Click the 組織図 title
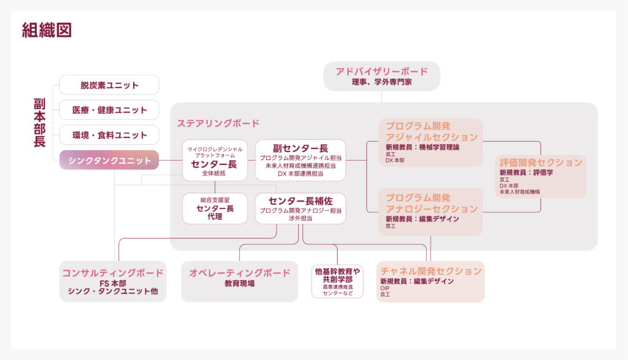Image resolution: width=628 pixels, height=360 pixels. point(47,30)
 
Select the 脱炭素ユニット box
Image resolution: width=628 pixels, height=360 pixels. point(109,85)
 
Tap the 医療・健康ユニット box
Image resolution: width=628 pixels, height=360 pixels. point(109,110)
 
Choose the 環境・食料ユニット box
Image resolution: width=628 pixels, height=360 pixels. point(109,135)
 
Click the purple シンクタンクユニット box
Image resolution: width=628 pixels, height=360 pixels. point(109,160)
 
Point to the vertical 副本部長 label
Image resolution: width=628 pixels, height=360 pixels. point(40,123)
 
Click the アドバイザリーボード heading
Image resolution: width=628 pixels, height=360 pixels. point(381,72)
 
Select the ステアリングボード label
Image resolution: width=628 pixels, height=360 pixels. point(218,123)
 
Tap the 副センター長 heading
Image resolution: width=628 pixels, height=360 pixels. point(300,148)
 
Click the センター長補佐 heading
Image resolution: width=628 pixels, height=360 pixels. point(300,201)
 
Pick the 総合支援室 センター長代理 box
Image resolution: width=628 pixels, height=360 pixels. point(215,209)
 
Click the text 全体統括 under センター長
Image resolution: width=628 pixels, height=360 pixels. point(215,174)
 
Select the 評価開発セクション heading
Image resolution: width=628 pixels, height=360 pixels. point(540,163)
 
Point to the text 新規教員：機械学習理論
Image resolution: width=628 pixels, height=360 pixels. point(423,147)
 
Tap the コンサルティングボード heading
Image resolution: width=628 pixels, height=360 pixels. point(113,272)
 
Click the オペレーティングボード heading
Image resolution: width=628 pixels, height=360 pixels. point(239,272)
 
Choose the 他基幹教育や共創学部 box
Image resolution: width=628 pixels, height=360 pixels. point(337,281)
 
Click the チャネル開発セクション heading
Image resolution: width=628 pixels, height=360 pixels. point(431,271)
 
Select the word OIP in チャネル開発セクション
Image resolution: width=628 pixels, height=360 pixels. point(385,288)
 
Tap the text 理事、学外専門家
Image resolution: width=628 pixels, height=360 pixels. point(381,82)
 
